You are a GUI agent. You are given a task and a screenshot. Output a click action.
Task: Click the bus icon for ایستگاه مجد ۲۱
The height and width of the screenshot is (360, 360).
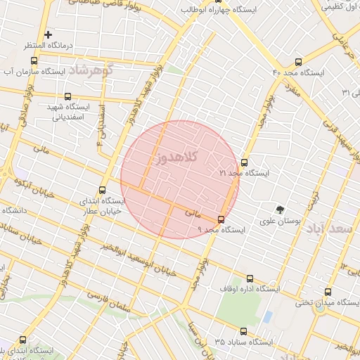244,162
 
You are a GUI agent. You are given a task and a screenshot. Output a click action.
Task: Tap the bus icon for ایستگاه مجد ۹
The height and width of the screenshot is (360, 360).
221,219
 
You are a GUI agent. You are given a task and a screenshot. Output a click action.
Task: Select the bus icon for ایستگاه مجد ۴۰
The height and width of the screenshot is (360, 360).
299,62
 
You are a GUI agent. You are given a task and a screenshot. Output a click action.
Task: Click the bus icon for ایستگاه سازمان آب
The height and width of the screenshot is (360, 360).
34,61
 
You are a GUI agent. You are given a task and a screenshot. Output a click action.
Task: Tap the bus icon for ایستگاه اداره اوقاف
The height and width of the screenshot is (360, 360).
249,278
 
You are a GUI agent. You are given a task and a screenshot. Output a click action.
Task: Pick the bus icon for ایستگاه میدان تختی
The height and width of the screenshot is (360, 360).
328,292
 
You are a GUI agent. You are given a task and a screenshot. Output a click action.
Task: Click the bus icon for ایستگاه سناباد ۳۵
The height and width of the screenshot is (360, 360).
243,331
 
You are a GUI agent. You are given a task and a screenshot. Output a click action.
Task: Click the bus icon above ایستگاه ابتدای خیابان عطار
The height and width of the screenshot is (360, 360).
103,189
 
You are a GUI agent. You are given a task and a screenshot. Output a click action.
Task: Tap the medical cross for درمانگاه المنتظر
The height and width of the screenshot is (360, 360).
48,34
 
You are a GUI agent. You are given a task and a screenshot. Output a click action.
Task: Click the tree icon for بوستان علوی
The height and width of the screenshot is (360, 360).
280,209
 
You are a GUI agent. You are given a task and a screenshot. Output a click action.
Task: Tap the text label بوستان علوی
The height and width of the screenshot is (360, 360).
280,220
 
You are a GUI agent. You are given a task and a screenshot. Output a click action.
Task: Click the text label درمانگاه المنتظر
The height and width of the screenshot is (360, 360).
47,46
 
